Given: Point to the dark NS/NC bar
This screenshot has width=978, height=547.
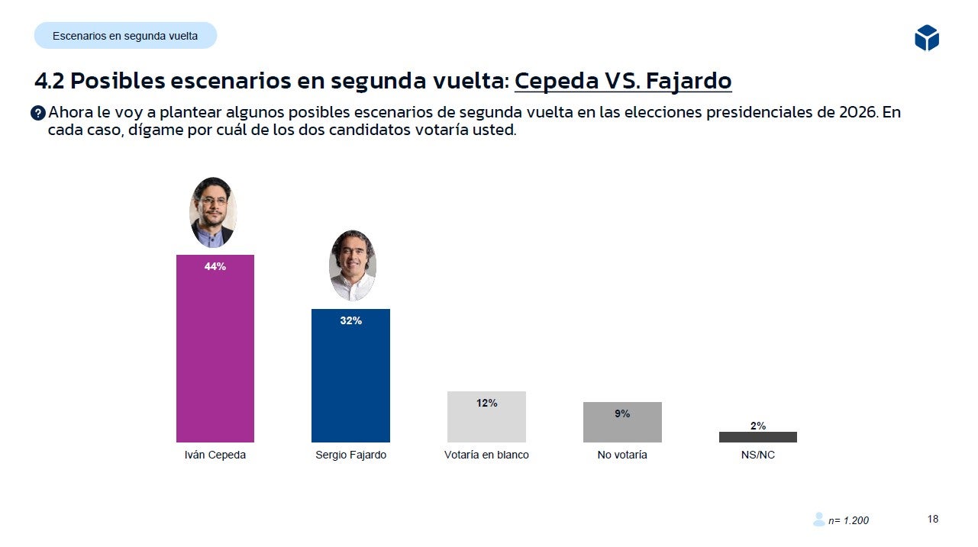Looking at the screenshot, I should click(757, 437).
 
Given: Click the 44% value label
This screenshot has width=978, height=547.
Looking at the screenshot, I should click(215, 266).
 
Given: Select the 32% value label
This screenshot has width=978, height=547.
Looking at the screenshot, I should click(350, 321).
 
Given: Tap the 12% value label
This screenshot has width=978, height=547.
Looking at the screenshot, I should click(486, 403).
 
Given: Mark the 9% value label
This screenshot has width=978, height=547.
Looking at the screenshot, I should click(622, 413).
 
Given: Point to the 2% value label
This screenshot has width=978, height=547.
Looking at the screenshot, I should click(757, 426).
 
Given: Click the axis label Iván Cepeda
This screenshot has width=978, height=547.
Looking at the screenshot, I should click(215, 455).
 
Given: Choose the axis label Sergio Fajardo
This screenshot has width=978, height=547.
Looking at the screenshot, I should click(350, 455).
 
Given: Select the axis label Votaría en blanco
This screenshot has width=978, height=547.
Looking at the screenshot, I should click(486, 455).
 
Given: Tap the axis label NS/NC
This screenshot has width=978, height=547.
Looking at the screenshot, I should click(757, 455).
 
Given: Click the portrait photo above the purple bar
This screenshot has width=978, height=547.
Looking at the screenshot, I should click(213, 213).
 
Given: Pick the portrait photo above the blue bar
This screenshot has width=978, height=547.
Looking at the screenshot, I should click(352, 265).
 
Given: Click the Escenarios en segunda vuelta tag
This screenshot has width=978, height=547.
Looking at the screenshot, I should click(125, 36).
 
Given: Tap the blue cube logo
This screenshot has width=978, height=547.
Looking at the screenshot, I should click(926, 37).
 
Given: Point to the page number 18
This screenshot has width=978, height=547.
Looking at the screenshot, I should click(933, 519).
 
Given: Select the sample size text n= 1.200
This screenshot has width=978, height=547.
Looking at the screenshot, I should click(847, 520).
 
